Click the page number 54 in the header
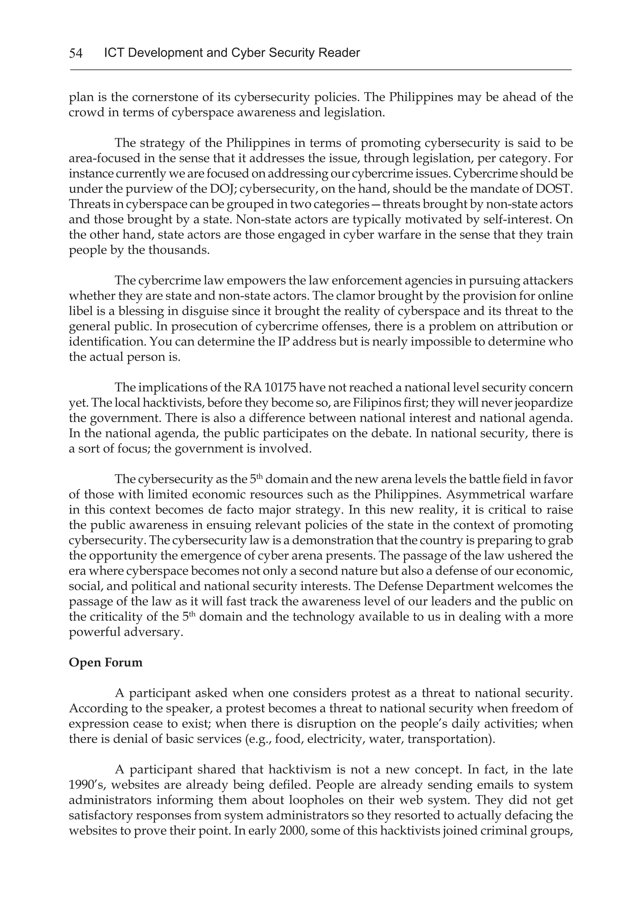click(76, 53)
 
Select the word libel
click(78, 311)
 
